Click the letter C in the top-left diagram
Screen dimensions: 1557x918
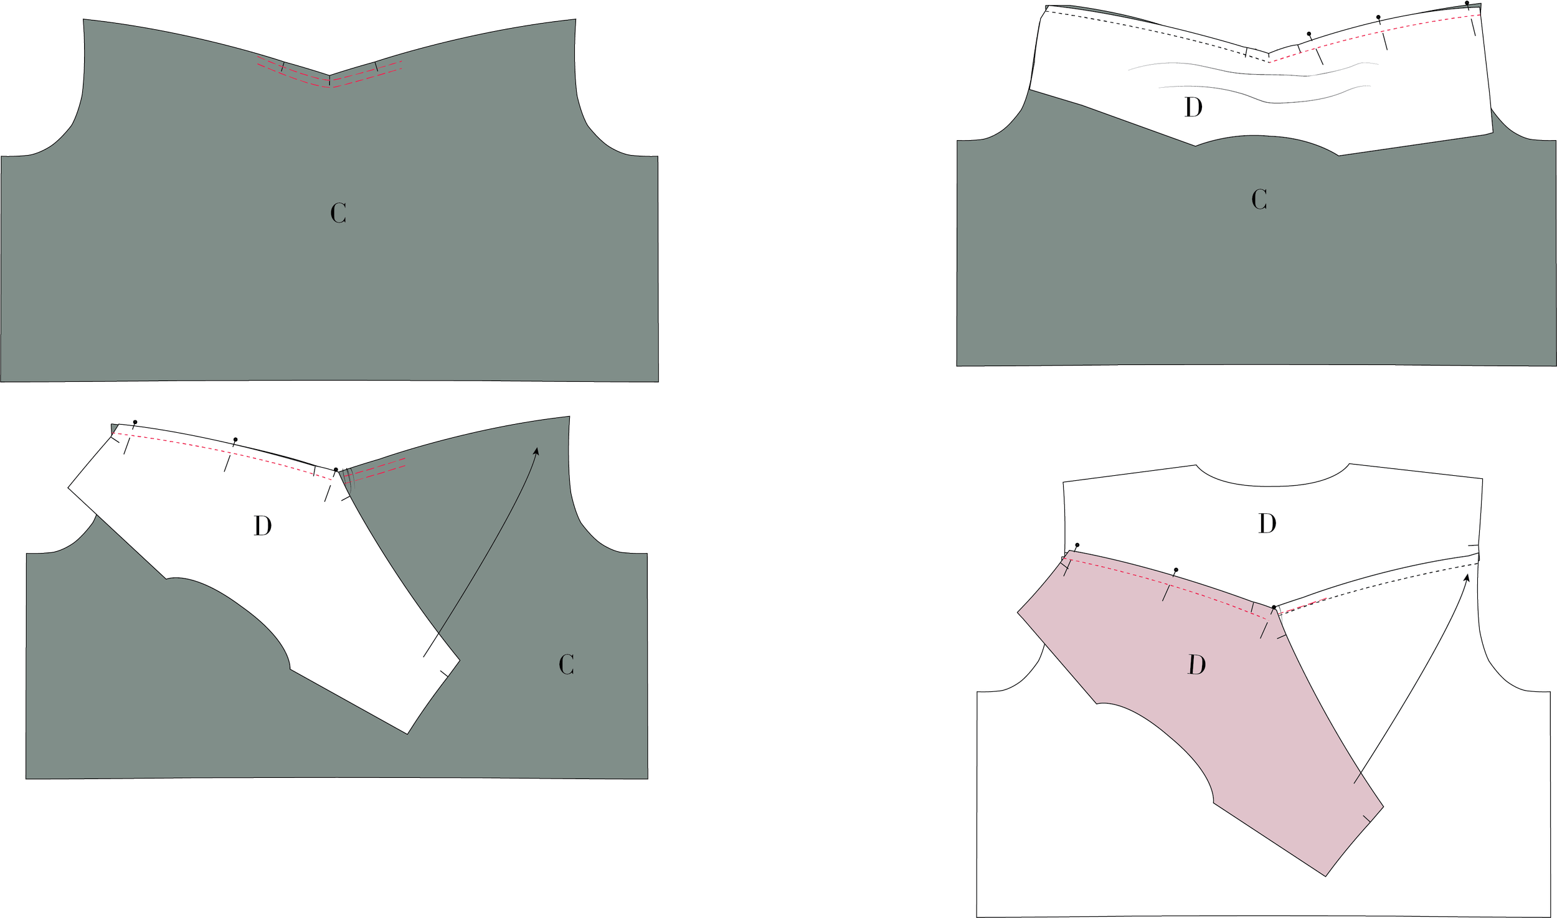(338, 214)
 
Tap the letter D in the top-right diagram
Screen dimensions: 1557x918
(1193, 108)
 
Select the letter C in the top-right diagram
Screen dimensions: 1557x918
(1259, 199)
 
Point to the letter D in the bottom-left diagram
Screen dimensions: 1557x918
(263, 526)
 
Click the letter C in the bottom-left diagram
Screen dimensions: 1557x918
(566, 665)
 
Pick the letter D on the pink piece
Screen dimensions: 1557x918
(1196, 665)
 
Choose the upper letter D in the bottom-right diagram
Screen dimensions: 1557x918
(1267, 524)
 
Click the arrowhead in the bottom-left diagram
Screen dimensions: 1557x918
(536, 451)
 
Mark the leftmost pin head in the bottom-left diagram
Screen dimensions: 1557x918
(135, 422)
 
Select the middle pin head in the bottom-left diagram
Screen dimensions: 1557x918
(235, 440)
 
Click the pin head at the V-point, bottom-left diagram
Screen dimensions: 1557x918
(336, 470)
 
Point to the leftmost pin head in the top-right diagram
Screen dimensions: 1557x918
(1309, 34)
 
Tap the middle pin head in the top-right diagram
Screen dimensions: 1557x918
(1378, 17)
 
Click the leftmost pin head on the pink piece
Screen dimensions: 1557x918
(1077, 545)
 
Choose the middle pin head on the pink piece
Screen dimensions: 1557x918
(1176, 570)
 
